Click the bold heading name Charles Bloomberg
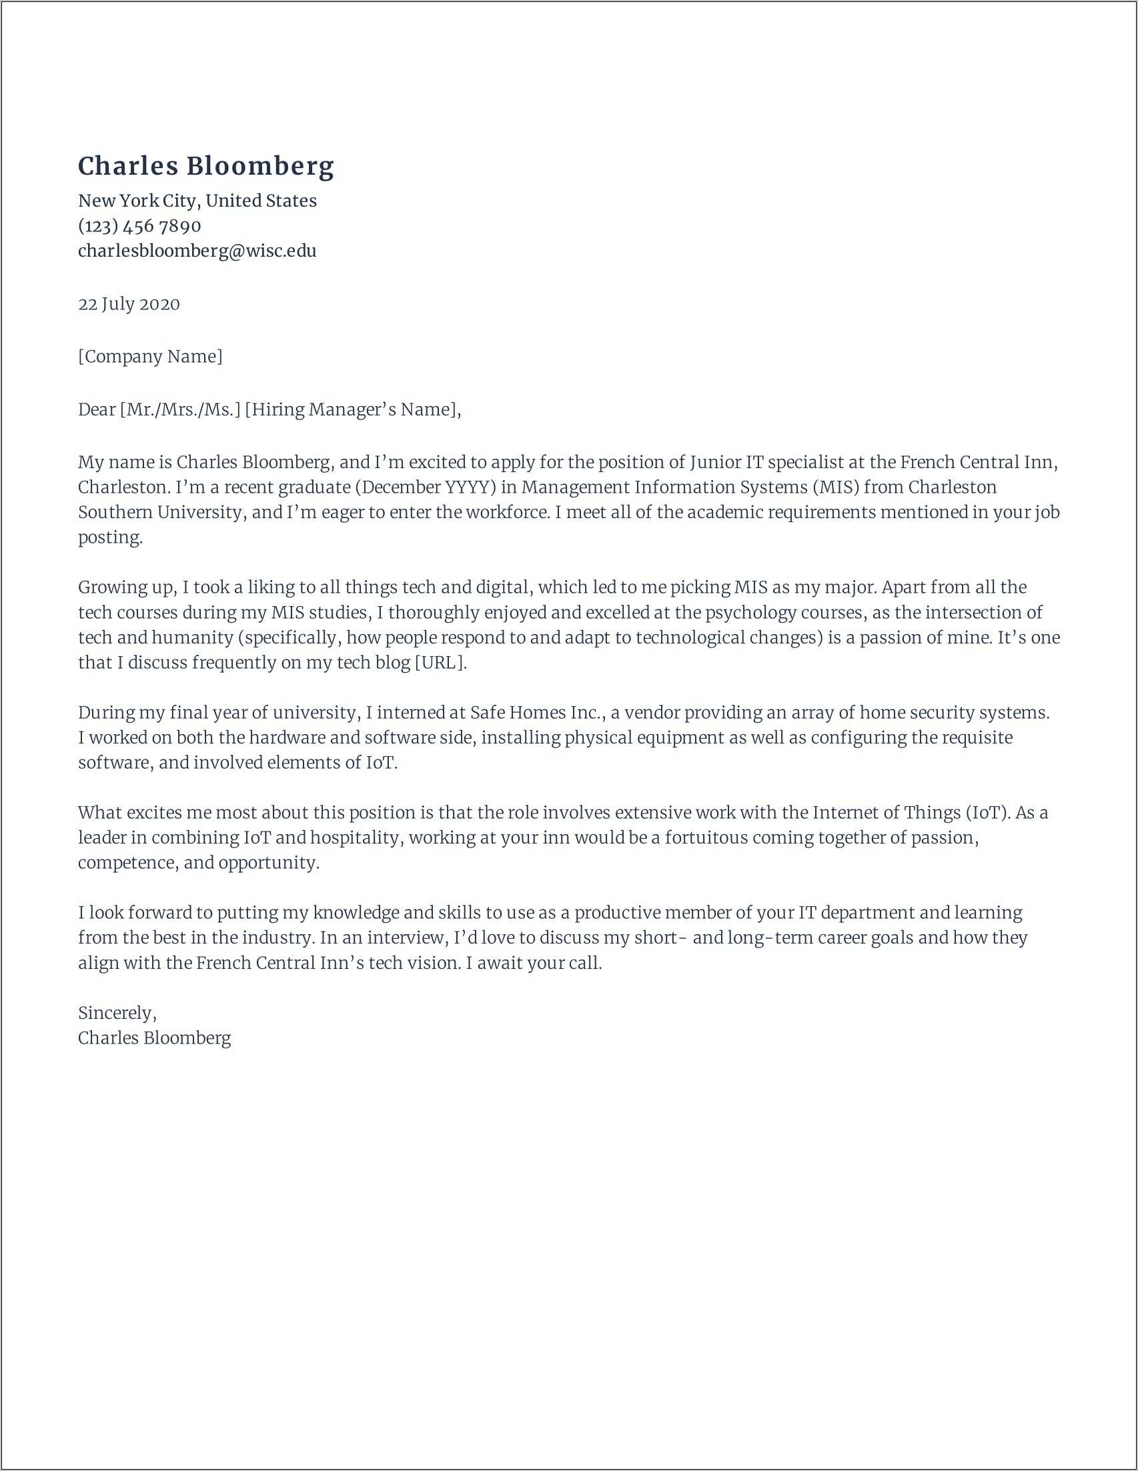pos(205,166)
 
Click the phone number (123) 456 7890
pos(139,225)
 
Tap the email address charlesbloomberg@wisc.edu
pos(197,251)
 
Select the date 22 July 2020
pos(129,304)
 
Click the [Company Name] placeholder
pos(149,356)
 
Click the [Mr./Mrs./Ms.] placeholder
pos(180,409)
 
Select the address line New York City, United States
pos(197,201)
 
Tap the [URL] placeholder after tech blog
pos(440,662)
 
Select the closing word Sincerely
pos(116,1013)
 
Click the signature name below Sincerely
pos(154,1038)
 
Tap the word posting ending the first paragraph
pos(109,537)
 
